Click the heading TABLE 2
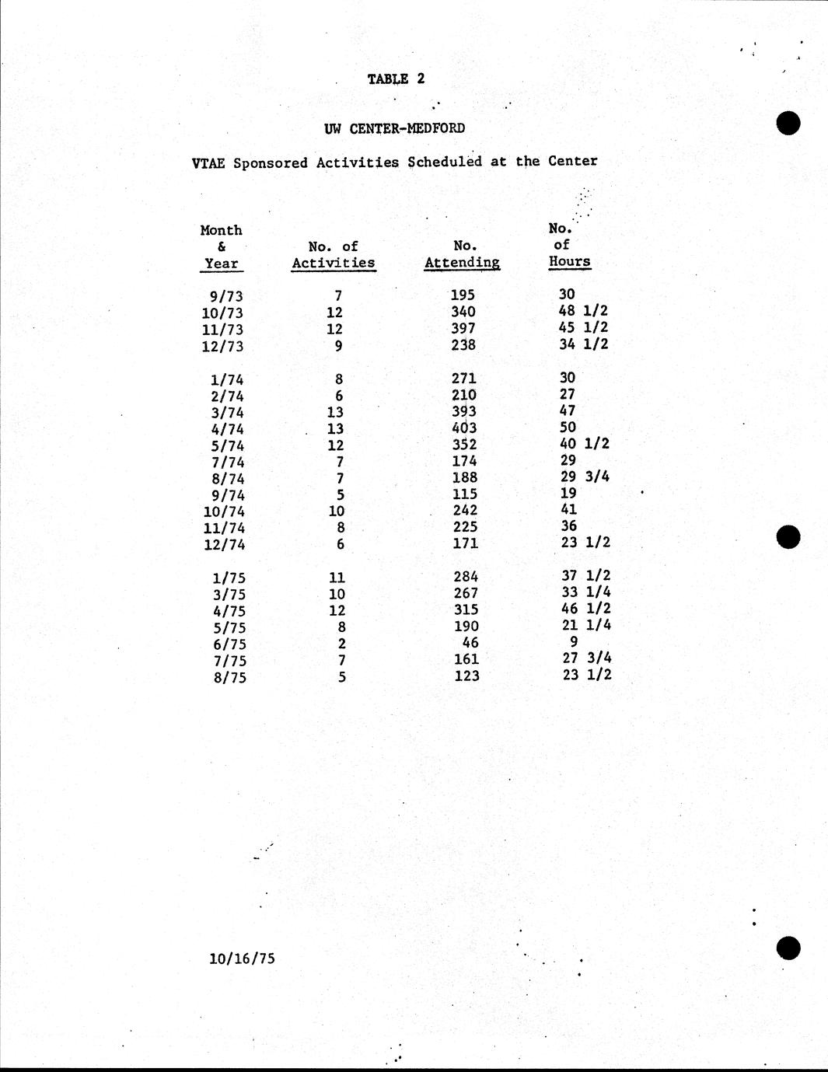click(x=396, y=79)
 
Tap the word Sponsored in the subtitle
click(x=271, y=162)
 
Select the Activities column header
click(x=333, y=263)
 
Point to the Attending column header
click(x=462, y=262)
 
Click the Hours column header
click(x=569, y=261)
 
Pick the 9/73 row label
click(x=226, y=296)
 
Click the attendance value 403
click(x=464, y=428)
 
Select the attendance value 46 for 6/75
click(x=470, y=643)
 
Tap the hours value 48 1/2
click(x=583, y=311)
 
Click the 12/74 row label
click(x=224, y=545)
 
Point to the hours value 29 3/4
click(x=584, y=477)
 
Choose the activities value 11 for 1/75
click(x=337, y=578)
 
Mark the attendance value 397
click(x=463, y=328)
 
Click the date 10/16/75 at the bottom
click(x=242, y=959)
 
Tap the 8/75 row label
click(x=229, y=678)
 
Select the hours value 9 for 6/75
click(x=574, y=642)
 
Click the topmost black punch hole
click(x=788, y=123)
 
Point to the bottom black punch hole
click(x=788, y=948)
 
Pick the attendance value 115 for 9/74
click(x=464, y=494)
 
